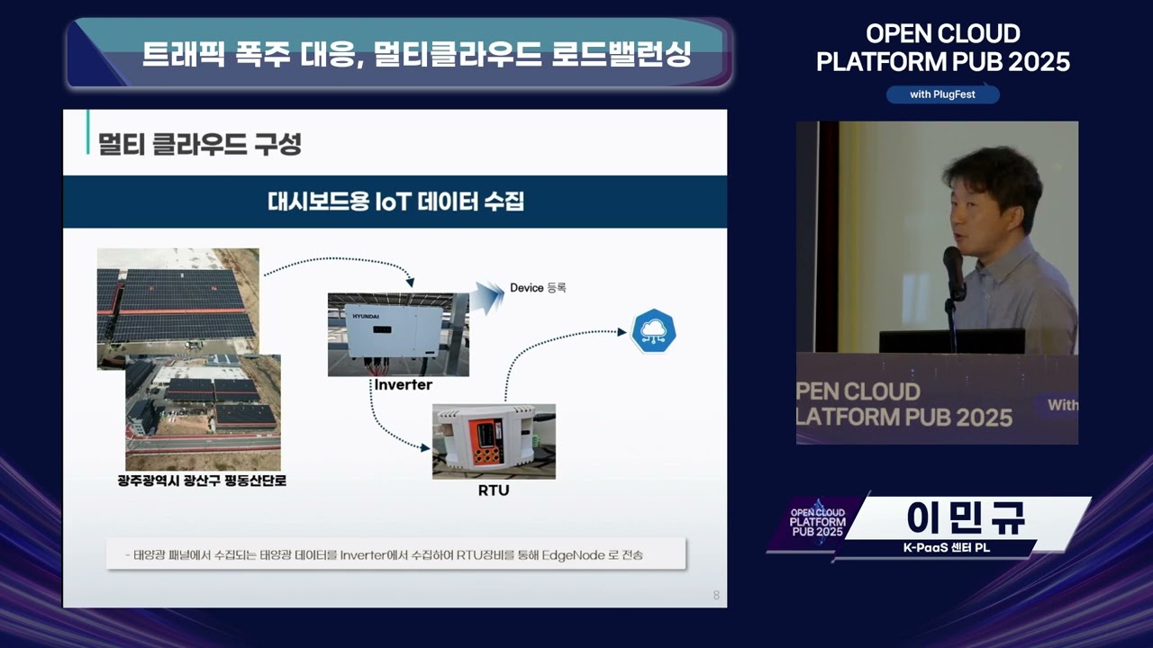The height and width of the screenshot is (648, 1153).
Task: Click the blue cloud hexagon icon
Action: (x=653, y=332)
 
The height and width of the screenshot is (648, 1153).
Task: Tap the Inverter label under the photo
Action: (x=403, y=385)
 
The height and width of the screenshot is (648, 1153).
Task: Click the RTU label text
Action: (x=493, y=490)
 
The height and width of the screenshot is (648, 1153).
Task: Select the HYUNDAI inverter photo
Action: (x=398, y=334)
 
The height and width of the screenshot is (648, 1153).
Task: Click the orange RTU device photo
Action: (x=494, y=441)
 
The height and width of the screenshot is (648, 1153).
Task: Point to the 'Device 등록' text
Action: (x=538, y=288)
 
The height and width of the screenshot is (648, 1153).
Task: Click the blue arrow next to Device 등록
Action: (x=488, y=295)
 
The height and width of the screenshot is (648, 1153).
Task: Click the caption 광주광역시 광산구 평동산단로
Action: (x=202, y=481)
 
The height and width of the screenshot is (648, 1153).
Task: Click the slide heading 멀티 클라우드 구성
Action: (x=200, y=144)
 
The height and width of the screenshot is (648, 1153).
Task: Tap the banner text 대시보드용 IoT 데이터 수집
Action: (x=395, y=201)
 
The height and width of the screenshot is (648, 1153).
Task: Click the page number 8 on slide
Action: (x=716, y=595)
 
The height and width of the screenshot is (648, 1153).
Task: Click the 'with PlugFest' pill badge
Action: (x=942, y=94)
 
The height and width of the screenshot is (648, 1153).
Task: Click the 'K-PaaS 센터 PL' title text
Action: (x=947, y=548)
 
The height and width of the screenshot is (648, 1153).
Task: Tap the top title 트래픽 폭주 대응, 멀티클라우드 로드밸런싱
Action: (x=416, y=54)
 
